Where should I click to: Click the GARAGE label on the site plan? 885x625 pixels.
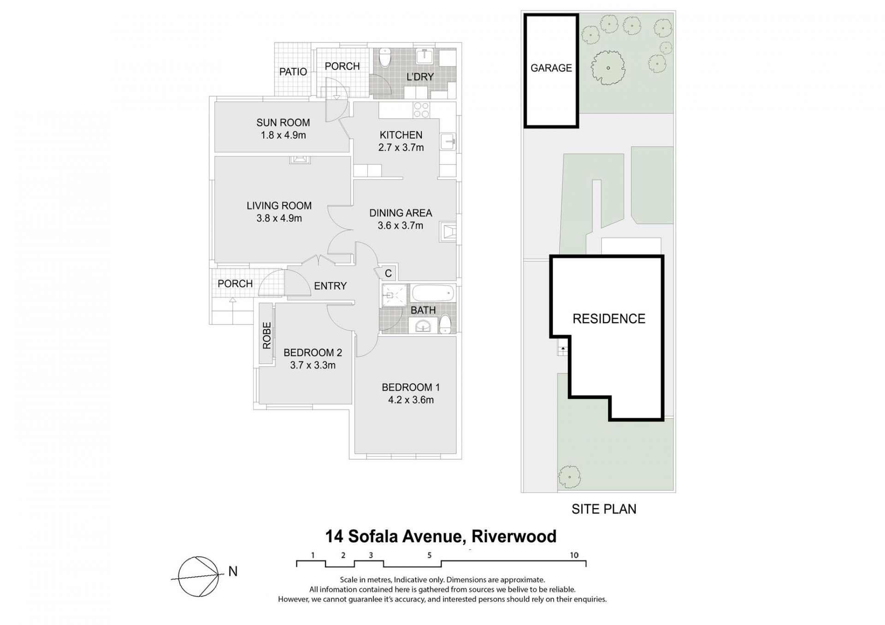[551, 68]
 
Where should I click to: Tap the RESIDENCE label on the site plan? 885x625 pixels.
[609, 319]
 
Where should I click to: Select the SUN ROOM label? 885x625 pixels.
[283, 123]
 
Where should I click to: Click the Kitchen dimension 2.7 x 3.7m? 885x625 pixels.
[401, 148]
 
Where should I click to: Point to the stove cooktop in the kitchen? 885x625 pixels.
[421, 111]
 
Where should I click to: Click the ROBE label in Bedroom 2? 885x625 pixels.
[267, 335]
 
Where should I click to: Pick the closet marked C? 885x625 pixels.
[388, 274]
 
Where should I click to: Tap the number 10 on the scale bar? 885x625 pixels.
[574, 555]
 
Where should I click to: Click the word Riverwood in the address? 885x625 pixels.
[514, 537]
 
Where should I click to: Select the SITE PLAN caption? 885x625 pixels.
[604, 509]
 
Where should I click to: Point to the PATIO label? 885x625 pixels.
[293, 72]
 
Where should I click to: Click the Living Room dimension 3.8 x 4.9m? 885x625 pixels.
[279, 218]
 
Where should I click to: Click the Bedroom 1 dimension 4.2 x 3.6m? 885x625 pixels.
[411, 400]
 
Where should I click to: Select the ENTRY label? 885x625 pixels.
[330, 286]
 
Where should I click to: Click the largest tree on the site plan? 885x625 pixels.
[608, 68]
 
